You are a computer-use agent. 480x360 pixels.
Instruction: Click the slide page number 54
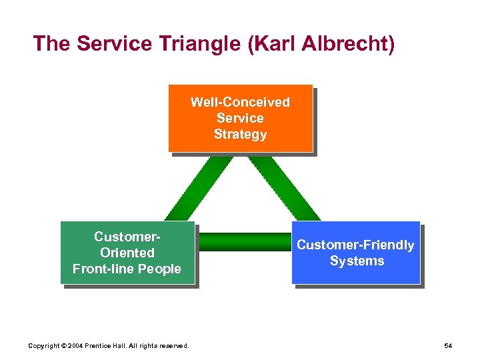click(447, 345)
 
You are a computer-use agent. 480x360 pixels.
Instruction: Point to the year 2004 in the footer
click(76, 345)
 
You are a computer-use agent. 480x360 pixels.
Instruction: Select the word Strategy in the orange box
click(240, 134)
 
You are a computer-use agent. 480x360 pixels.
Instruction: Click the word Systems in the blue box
click(357, 261)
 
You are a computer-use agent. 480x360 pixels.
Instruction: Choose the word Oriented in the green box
click(127, 253)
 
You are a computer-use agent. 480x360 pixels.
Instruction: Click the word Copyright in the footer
click(43, 345)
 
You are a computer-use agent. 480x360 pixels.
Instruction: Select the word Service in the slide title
click(112, 44)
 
